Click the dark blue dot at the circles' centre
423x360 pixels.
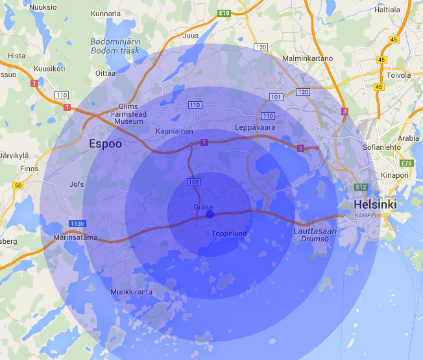pos(209,214)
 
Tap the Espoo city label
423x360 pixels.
pos(105,144)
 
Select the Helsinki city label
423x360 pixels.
pos(374,205)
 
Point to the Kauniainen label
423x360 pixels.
pos(175,131)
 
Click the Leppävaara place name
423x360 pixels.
pos(255,127)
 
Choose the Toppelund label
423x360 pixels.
pos(229,234)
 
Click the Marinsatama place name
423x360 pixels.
pos(75,237)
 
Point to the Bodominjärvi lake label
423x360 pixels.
pos(116,45)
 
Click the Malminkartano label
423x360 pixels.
pos(308,58)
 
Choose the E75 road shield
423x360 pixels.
pos(407,163)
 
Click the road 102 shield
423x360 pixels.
pos(194,182)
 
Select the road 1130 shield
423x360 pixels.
pos(77,224)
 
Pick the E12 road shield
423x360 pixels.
pos(361,187)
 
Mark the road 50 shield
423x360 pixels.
pos(18,186)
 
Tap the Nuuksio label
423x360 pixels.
pos(41,6)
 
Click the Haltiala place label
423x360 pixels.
pos(387,10)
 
